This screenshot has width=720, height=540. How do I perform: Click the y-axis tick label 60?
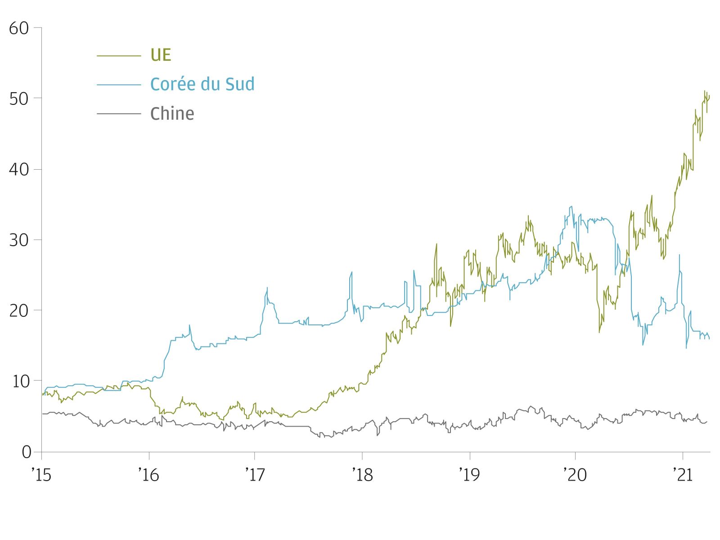[x=19, y=28]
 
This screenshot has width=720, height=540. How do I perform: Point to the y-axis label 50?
[x=19, y=99]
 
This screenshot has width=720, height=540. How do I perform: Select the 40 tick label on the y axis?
[x=19, y=170]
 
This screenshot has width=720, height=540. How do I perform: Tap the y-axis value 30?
[x=19, y=240]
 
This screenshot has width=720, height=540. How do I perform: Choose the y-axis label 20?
[x=19, y=310]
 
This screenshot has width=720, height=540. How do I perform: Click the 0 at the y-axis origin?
[x=26, y=452]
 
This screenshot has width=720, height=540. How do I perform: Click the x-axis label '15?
[x=41, y=475]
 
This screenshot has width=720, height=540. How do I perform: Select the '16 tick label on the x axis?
[x=148, y=475]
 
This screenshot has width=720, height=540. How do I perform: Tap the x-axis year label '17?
[x=255, y=475]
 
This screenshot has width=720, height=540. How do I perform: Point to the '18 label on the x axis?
[x=362, y=475]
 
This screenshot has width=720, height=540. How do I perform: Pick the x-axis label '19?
[x=469, y=475]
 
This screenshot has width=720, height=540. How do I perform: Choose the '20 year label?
[x=576, y=475]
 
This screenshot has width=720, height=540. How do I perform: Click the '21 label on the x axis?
[x=683, y=475]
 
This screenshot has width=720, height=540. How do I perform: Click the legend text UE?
[x=161, y=55]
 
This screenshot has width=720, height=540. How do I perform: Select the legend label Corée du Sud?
[x=202, y=84]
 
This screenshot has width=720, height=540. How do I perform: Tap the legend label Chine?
[x=172, y=113]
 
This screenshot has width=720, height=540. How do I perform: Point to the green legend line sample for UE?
[x=119, y=56]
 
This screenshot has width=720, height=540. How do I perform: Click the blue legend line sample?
[x=119, y=85]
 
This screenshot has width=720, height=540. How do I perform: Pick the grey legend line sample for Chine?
[x=119, y=113]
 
